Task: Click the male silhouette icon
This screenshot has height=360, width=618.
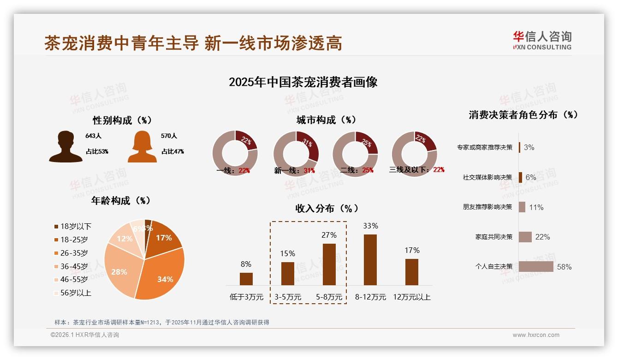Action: coord(65,147)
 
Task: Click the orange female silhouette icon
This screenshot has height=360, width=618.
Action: coord(142,147)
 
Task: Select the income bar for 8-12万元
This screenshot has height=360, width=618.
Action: coord(370,260)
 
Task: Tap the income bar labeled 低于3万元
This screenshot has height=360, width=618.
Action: coord(246,279)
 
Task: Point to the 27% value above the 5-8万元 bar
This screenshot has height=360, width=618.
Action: coord(329,235)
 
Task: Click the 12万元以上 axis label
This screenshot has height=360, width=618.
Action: coord(412,297)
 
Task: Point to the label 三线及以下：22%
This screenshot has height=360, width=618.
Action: coord(416,170)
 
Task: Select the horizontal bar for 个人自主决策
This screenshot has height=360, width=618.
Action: coord(535,267)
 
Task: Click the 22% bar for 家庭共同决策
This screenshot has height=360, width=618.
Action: coord(525,237)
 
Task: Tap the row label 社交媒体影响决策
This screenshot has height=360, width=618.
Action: coord(487,177)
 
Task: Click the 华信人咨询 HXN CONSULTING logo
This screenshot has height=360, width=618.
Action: coord(542,41)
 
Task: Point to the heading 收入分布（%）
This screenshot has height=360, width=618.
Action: coord(327,209)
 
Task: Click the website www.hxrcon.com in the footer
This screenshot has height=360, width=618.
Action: coord(536,335)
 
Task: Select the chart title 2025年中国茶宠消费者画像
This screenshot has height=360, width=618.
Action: coord(303,82)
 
